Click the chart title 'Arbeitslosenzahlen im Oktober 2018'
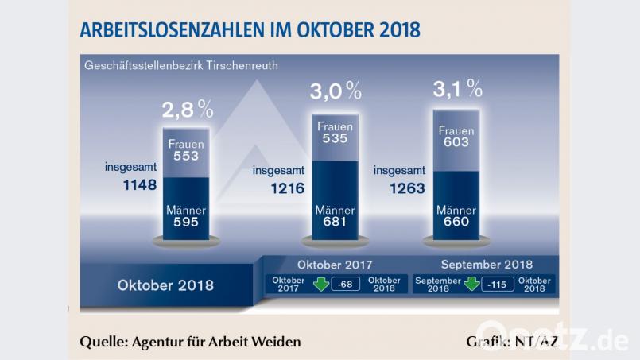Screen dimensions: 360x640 (250, 29)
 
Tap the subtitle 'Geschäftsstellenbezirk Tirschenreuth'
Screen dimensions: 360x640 (180, 65)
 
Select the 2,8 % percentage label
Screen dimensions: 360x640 (188, 109)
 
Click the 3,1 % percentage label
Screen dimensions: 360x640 (458, 88)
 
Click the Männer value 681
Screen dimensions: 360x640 (335, 223)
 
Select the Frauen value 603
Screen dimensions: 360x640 (456, 142)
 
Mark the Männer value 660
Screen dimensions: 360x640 (456, 223)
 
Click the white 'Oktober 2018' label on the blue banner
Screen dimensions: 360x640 (165, 285)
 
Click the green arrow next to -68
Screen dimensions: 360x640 (323, 285)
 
